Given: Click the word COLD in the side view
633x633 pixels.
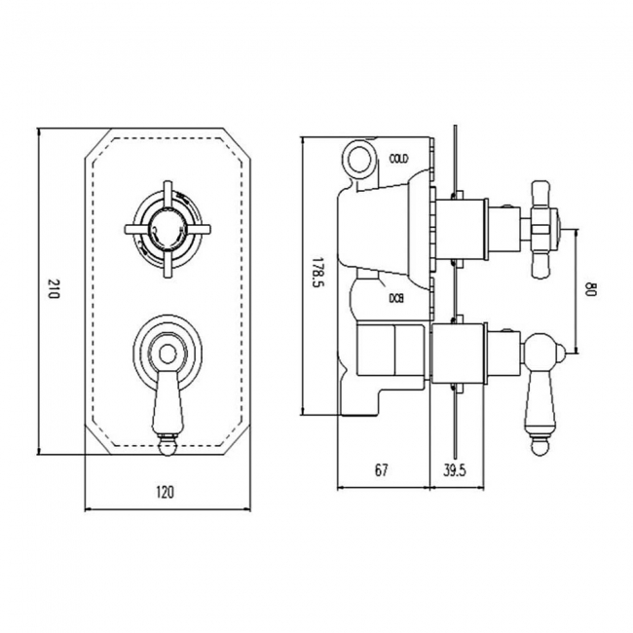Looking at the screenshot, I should coord(399,158).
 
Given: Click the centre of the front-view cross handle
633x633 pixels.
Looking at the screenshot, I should coord(163,230).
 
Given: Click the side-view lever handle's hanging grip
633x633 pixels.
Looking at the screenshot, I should coord(539,399).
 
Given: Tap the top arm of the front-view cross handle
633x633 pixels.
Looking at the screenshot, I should coord(163,190).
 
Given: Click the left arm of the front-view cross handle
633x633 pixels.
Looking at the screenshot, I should coord(130,230).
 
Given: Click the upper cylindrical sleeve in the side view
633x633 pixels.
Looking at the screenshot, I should coord(459,230).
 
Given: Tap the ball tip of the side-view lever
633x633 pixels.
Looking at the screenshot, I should coord(539,448).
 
